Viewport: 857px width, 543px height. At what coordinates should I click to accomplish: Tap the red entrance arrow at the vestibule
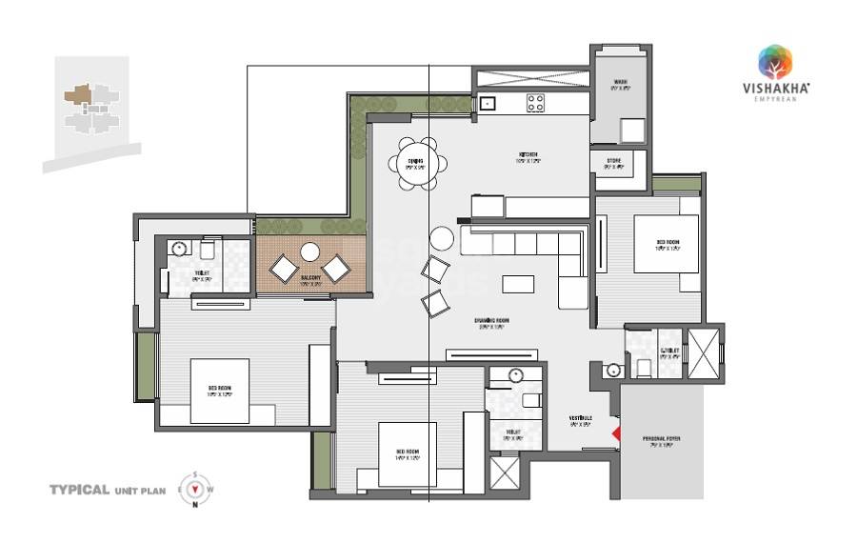tap(616, 435)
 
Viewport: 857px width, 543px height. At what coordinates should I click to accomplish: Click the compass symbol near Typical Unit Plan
tap(195, 490)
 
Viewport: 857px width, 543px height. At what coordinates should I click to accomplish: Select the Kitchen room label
tap(528, 157)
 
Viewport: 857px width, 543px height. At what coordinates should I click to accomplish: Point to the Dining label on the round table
tap(415, 162)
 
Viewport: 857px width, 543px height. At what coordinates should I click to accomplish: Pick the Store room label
tap(613, 163)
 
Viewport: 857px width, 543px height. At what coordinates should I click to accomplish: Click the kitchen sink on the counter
tap(487, 103)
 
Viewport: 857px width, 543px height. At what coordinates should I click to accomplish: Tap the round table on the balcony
tap(309, 252)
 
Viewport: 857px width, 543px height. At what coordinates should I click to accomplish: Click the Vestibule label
tap(581, 420)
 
